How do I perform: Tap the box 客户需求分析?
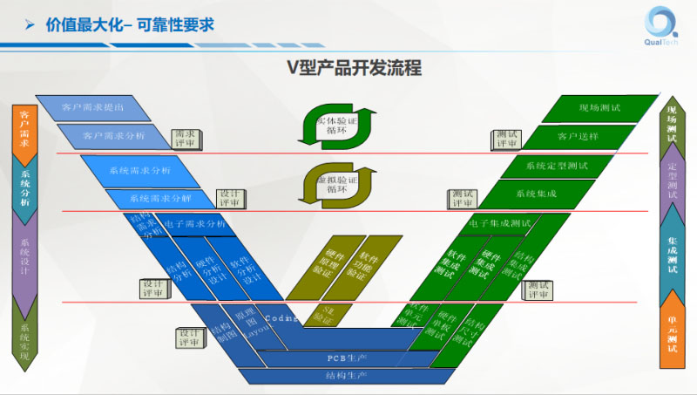tap(114, 136)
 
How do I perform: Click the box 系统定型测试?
tap(557, 165)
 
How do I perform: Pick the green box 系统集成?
tap(536, 193)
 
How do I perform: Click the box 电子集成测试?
tap(500, 223)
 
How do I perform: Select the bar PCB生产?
tap(340, 358)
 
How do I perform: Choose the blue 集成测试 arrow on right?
tap(672, 249)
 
